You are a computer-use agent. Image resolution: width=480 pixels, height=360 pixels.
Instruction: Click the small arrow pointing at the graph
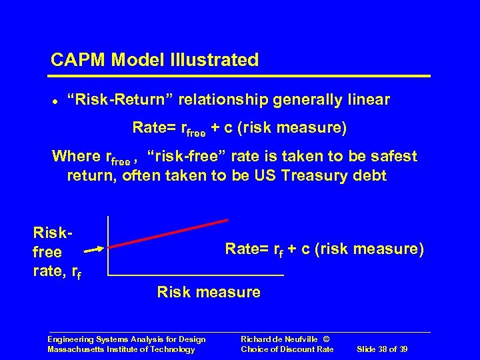(94, 249)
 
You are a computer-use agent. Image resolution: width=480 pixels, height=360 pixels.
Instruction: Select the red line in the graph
(168, 233)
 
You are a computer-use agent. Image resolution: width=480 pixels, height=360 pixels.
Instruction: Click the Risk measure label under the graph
(208, 292)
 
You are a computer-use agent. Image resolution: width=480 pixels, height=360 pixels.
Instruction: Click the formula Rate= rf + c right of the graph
(324, 249)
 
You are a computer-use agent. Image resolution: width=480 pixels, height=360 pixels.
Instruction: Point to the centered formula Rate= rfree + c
(239, 127)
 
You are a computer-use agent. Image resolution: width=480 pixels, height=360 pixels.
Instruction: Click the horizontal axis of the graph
(195, 275)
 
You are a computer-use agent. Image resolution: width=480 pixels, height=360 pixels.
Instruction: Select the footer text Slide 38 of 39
(383, 349)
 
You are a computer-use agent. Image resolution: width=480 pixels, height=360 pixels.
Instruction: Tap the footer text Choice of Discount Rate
(287, 349)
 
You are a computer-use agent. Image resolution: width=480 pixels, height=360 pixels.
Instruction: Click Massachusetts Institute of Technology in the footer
(121, 349)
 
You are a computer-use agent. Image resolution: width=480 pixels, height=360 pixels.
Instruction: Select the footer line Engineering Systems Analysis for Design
(126, 339)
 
